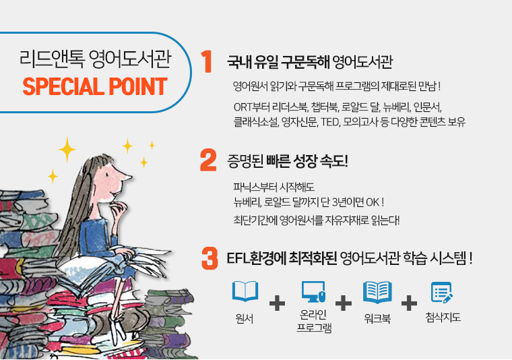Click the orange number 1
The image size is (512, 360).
click(207, 61)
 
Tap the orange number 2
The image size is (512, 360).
click(208, 160)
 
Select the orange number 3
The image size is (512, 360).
click(210, 258)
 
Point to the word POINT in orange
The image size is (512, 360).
click(138, 86)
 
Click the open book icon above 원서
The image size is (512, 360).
click(245, 291)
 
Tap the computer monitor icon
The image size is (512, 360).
click(313, 292)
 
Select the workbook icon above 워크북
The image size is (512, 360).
click(377, 292)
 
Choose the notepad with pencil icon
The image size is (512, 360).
click(442, 292)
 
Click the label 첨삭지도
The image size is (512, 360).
click(443, 318)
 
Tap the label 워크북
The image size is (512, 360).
click(377, 318)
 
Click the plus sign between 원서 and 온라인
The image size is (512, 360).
click(278, 303)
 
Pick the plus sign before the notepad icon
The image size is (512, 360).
click(409, 303)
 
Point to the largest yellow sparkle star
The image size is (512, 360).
click(67, 149)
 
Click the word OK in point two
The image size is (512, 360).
click(373, 202)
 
